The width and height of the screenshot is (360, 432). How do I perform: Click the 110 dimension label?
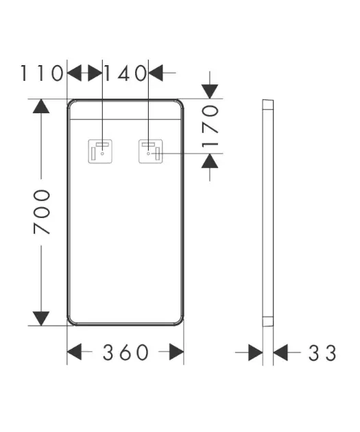point(42,73)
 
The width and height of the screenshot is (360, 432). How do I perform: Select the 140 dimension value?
point(125,73)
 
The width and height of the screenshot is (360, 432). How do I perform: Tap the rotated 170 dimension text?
point(210,126)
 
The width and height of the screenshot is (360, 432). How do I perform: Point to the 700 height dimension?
point(42,212)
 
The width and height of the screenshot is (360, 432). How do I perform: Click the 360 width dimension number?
point(125,352)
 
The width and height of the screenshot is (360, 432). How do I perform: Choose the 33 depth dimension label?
point(322,352)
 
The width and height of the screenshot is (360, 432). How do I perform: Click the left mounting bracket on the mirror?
point(100,152)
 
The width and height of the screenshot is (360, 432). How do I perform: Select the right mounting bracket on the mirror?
point(150,152)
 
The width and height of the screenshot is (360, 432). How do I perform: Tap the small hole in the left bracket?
point(102,154)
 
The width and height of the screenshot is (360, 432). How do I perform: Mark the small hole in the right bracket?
point(149,154)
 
